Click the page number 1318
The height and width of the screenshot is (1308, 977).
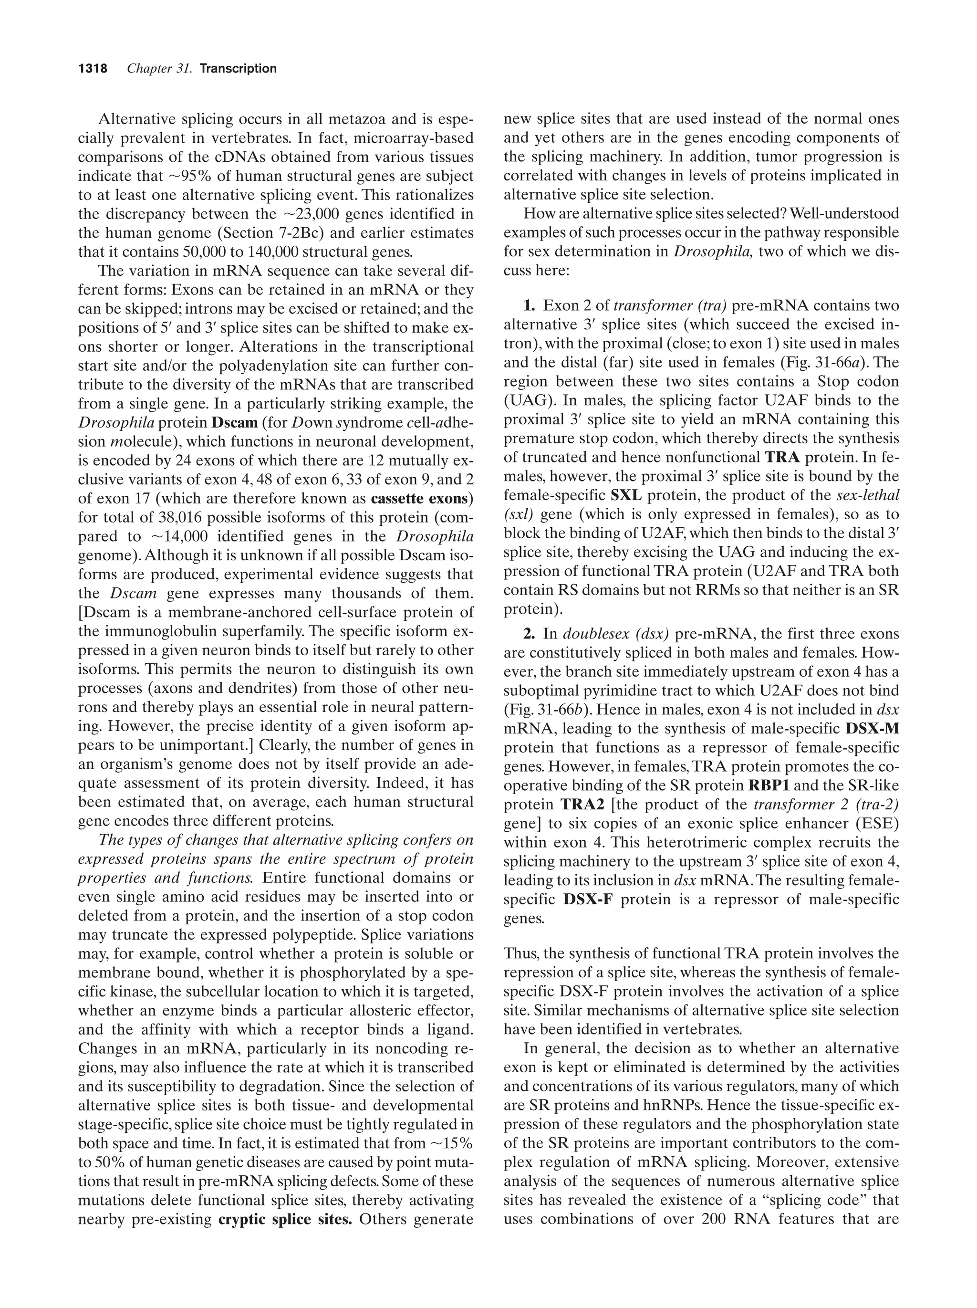pyautogui.click(x=93, y=69)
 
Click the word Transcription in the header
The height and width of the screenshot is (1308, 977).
pyautogui.click(x=238, y=69)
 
